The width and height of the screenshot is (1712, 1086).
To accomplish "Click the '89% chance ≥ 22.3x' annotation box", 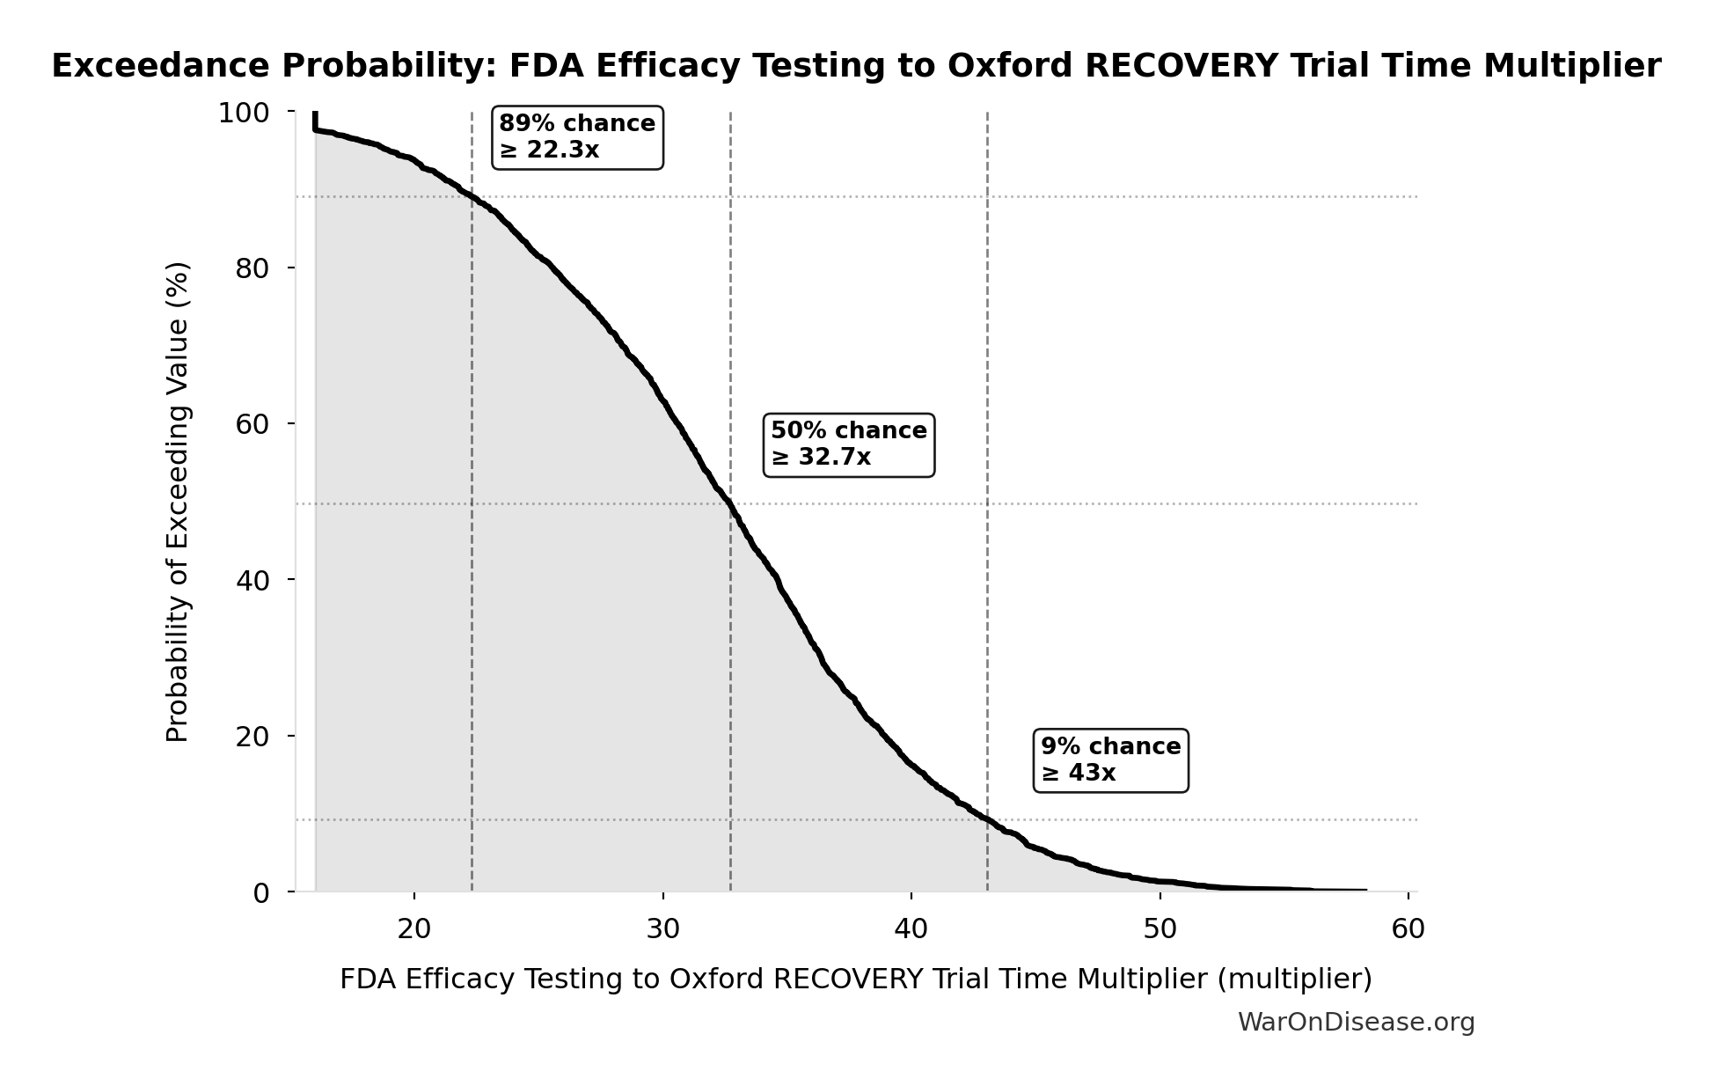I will click(576, 137).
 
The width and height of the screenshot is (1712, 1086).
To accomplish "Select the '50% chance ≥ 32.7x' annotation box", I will click(848, 444).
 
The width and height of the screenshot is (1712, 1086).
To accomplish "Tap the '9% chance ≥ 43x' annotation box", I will click(1109, 760).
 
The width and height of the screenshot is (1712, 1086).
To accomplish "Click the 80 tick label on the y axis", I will click(252, 268).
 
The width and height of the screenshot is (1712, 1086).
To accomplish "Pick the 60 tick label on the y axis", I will click(252, 424).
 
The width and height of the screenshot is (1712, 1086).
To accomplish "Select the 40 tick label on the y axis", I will click(252, 580).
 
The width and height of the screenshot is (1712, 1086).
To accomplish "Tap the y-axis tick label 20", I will click(252, 737).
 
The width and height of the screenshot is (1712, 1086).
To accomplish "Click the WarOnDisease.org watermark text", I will click(1356, 1022).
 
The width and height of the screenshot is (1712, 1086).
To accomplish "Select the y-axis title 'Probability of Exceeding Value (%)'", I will click(178, 502).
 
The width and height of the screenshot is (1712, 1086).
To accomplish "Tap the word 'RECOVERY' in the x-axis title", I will click(848, 979).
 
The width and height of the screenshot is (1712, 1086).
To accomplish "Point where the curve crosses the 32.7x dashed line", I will click(730, 504).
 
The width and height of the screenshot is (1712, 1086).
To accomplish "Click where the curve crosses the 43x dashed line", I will click(987, 819).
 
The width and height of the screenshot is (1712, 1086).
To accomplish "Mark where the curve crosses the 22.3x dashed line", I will click(472, 196).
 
